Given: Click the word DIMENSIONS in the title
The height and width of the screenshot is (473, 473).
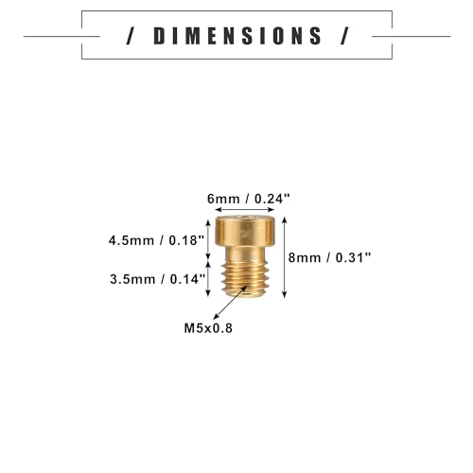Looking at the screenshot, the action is coord(237,36).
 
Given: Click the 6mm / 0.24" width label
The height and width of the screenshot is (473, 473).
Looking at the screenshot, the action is coord(248,199).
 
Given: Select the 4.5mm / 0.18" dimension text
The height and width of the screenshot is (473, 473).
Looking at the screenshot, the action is coord(157,240).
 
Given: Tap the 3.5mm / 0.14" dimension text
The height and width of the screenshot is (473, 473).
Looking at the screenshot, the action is coord(158,279).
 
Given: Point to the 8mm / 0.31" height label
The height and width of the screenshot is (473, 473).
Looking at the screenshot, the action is coord(329,257).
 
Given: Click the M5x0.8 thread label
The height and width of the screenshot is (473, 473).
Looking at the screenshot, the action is coord(208,328).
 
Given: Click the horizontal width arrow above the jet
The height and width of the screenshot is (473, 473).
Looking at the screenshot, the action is coord(245,210).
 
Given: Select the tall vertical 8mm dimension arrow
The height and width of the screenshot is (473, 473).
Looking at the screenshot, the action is coord(285,257).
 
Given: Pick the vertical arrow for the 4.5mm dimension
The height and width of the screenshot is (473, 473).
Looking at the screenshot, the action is coord(208,239).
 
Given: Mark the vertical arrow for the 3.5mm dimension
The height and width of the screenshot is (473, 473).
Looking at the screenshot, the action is coord(208,279).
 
